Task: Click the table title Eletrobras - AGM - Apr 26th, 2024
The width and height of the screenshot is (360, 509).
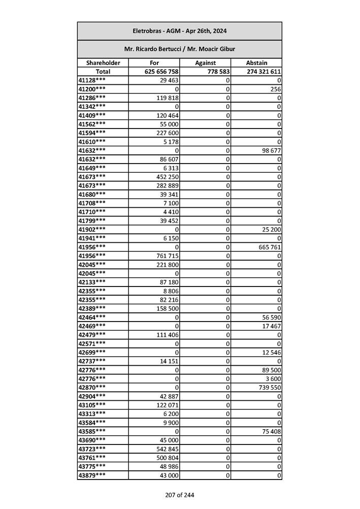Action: pos(179,31)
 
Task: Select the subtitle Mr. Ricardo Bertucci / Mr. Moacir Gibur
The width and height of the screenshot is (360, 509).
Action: pos(179,49)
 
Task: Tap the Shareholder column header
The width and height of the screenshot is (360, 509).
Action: pos(103,63)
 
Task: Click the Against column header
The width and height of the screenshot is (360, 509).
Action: pos(205,63)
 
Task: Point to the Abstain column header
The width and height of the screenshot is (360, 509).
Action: pos(256,63)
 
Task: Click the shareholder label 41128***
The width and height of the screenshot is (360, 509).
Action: pos(92,80)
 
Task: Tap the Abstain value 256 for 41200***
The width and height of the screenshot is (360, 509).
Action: pos(276,89)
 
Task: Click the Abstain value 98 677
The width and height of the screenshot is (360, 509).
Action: pos(271,150)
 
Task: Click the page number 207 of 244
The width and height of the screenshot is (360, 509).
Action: pos(179,495)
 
